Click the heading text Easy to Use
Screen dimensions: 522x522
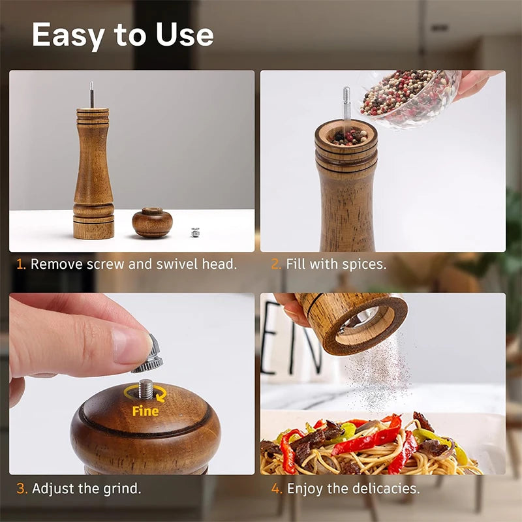123,35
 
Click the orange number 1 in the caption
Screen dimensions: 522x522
20,264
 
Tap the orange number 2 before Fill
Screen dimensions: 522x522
275,264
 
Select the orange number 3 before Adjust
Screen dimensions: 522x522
21,488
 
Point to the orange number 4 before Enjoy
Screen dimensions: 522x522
276,488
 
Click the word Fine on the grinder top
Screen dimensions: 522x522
145,411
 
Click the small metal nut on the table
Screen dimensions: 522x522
194,232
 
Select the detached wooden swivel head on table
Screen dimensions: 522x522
152,222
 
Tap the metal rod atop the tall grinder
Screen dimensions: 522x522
91,95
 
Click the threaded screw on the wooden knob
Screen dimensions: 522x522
146,390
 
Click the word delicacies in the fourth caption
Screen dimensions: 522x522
385,488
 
